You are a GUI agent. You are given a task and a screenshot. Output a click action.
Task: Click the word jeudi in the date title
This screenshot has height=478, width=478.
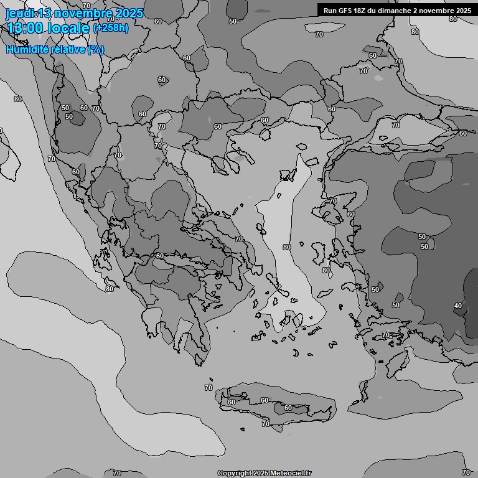pos(19,14)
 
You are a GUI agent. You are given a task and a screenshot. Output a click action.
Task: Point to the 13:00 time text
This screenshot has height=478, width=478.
pos(24,28)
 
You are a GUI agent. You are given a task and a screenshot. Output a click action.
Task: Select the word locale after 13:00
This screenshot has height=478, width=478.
pos(68,28)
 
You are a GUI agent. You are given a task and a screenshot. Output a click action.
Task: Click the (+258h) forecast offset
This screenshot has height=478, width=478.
pos(111,28)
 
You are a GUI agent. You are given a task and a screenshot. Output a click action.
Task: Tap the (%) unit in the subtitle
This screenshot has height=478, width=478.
pos(95,49)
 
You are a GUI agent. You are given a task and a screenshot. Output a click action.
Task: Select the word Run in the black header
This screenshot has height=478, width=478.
pos(330,10)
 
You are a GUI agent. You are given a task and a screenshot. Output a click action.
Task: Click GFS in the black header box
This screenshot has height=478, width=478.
pos(345,10)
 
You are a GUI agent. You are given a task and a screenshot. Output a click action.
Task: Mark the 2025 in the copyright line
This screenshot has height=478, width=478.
pos(261,474)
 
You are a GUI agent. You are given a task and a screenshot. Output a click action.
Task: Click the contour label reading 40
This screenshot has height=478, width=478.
pos(458,306)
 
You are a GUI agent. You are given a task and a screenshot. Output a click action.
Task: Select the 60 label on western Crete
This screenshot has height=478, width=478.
pos(232,402)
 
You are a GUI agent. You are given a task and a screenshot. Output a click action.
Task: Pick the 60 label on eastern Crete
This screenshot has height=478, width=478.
pos(288,408)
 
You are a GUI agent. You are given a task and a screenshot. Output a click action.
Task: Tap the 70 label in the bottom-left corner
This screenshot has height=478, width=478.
pos(117,474)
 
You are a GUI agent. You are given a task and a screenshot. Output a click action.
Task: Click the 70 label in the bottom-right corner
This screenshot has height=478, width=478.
pos(466,473)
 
